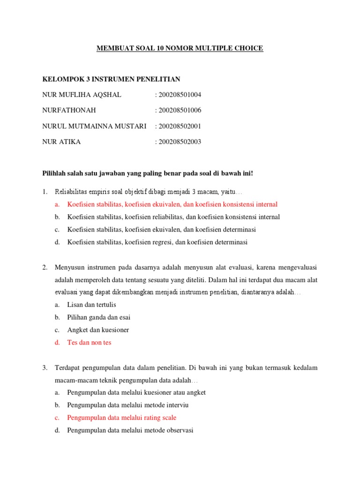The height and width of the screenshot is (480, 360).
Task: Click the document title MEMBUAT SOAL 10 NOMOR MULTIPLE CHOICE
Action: [x=180, y=48]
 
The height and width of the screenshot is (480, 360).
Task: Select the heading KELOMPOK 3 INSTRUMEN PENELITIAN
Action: [x=111, y=79]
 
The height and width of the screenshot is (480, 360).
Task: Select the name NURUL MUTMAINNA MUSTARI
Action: [x=94, y=126]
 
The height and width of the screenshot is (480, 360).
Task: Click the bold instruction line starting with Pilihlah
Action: [x=148, y=173]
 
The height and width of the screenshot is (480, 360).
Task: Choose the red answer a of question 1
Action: [x=172, y=204]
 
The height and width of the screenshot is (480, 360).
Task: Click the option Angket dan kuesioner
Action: [x=98, y=330]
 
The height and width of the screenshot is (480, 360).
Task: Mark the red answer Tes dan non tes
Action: [x=89, y=343]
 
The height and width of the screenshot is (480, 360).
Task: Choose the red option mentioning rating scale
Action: [x=121, y=417]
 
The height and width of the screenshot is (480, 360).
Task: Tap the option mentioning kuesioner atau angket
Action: [x=136, y=392]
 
